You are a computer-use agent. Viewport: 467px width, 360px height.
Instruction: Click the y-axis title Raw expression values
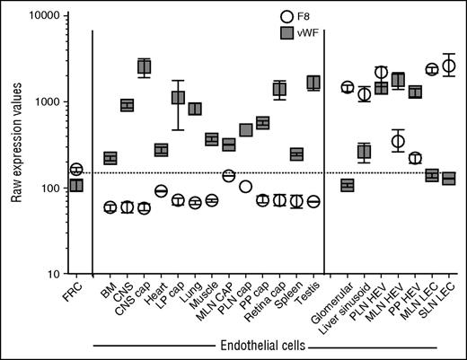click(x=15, y=145)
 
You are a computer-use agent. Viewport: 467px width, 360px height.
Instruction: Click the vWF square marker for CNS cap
click(x=144, y=66)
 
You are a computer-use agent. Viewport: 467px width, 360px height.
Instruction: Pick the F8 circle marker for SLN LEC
click(x=449, y=66)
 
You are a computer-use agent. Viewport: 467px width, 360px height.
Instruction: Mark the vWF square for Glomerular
click(x=347, y=185)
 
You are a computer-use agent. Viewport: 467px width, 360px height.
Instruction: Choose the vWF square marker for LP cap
click(x=178, y=97)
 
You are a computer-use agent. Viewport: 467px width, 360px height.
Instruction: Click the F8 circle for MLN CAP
click(x=228, y=175)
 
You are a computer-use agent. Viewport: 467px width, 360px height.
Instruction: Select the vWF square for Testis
click(x=313, y=83)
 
